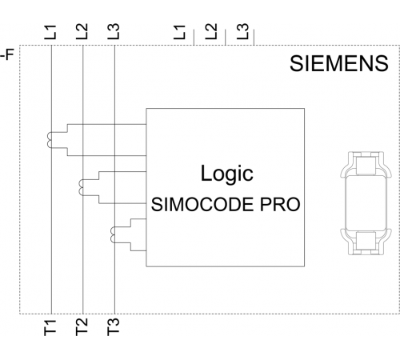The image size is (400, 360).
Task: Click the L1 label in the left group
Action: click(50, 32)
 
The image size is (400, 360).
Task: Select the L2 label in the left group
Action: click(82, 31)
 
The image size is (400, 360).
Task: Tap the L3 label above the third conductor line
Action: click(114, 31)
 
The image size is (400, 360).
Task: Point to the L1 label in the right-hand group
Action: click(179, 32)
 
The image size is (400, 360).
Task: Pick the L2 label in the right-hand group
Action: click(211, 31)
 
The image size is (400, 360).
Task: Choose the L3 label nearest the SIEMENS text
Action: click(242, 31)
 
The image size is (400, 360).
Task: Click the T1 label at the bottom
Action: click(50, 327)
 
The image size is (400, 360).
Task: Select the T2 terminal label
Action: click(82, 327)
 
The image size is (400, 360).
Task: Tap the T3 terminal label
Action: click(114, 327)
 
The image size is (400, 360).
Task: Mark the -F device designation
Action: click(7, 55)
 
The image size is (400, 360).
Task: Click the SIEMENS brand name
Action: click(339, 63)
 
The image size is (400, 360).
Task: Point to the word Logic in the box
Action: click(227, 174)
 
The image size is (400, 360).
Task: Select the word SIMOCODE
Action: click(202, 205)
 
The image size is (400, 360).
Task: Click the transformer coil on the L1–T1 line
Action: click(50, 140)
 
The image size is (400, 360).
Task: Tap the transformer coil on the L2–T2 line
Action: click(81, 187)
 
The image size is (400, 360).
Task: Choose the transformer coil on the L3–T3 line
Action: click(113, 234)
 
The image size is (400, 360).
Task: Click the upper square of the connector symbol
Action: click(366, 166)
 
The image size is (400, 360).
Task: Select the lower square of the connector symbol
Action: click(366, 241)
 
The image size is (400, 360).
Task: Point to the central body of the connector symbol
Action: click(366, 203)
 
